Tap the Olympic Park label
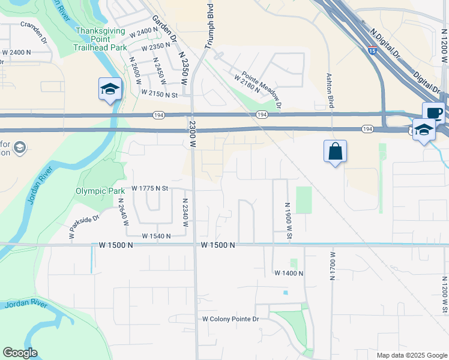click(x=100, y=191)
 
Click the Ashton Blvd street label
click(x=330, y=91)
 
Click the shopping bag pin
click(x=335, y=151)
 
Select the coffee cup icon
click(x=433, y=112)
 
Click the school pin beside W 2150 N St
click(x=110, y=89)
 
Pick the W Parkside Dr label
click(x=83, y=227)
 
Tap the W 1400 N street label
click(x=289, y=273)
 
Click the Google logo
click(x=20, y=352)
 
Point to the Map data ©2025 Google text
click(x=411, y=355)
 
